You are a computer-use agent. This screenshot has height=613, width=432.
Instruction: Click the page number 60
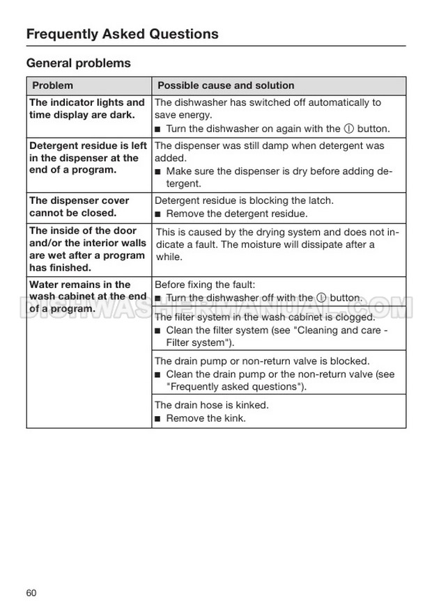31,593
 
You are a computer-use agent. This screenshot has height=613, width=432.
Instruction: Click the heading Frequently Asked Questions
122,33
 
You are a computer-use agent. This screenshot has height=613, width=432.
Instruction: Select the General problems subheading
78,63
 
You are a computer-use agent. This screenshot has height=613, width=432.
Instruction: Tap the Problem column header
52,86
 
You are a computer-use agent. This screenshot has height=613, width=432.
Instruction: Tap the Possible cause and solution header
226,86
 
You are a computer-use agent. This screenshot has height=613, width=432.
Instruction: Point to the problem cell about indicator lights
87,109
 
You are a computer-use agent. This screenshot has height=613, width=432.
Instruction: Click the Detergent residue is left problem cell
88,158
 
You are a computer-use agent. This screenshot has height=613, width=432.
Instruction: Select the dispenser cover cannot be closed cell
79,207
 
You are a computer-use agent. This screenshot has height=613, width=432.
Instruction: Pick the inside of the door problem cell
88,249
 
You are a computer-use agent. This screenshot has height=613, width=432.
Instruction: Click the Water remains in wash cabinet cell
88,296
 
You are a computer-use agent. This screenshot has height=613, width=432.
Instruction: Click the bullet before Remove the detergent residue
158,214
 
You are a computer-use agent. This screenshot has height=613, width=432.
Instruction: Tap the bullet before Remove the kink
158,419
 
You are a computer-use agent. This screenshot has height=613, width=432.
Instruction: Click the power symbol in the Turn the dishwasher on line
347,129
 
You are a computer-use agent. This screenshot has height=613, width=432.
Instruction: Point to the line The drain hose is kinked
211,405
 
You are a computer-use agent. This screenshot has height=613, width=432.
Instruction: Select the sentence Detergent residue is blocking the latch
243,200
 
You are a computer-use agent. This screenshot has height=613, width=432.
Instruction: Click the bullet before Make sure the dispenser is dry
158,172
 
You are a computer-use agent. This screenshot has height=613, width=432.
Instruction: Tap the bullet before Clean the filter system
158,331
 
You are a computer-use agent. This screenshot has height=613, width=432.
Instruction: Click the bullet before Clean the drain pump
158,375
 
